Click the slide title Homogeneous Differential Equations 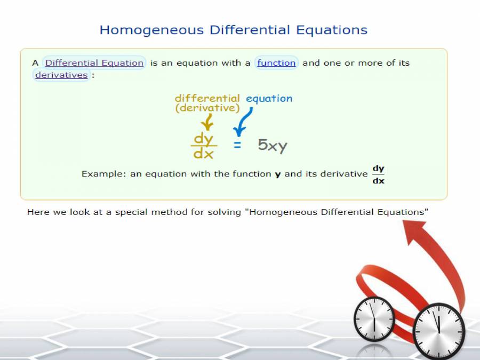pyautogui.click(x=234, y=30)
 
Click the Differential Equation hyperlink pyautogui.click(x=94, y=63)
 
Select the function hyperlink pyautogui.click(x=276, y=63)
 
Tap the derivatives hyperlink pyautogui.click(x=61, y=75)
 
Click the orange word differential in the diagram pyautogui.click(x=207, y=98)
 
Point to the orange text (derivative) pyautogui.click(x=207, y=108)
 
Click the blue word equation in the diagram pyautogui.click(x=269, y=98)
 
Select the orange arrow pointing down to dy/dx pyautogui.click(x=208, y=124)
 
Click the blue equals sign pyautogui.click(x=237, y=145)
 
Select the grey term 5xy pyautogui.click(x=273, y=145)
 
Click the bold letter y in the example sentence pyautogui.click(x=277, y=174)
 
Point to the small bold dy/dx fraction pyautogui.click(x=378, y=174)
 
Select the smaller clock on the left pyautogui.click(x=374, y=319)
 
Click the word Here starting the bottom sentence pyautogui.click(x=38, y=212)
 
